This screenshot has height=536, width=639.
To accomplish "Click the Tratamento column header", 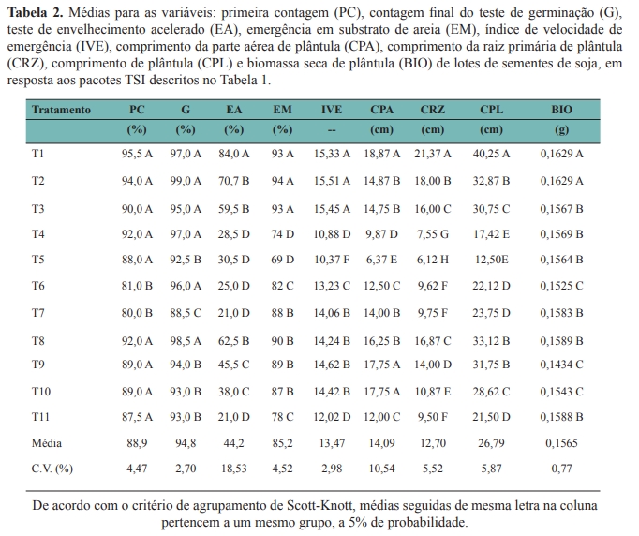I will (x=61, y=110).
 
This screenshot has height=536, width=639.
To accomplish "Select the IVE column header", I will (x=332, y=110).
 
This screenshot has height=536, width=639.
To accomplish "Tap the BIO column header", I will (x=561, y=110).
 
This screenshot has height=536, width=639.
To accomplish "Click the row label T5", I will (x=38, y=259).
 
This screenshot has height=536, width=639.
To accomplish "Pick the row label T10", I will (x=41, y=391).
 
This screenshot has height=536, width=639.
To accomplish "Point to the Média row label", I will (x=47, y=442).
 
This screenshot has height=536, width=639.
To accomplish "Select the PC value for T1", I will (x=137, y=153).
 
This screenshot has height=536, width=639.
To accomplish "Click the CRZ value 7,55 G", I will (x=432, y=232).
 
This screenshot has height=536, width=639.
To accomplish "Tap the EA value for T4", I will (x=233, y=232).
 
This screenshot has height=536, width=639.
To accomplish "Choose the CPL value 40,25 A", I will (x=491, y=153).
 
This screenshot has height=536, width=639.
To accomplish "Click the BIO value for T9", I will (x=561, y=364).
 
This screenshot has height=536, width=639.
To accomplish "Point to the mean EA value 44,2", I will (x=233, y=442).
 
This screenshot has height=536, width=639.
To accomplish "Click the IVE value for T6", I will (x=332, y=285).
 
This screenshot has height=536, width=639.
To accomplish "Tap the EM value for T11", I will (x=283, y=416).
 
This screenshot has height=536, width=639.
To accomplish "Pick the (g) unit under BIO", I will (x=561, y=129).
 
